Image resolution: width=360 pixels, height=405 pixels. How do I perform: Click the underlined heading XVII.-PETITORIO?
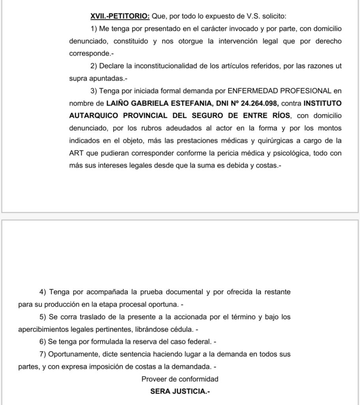point(120,16)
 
